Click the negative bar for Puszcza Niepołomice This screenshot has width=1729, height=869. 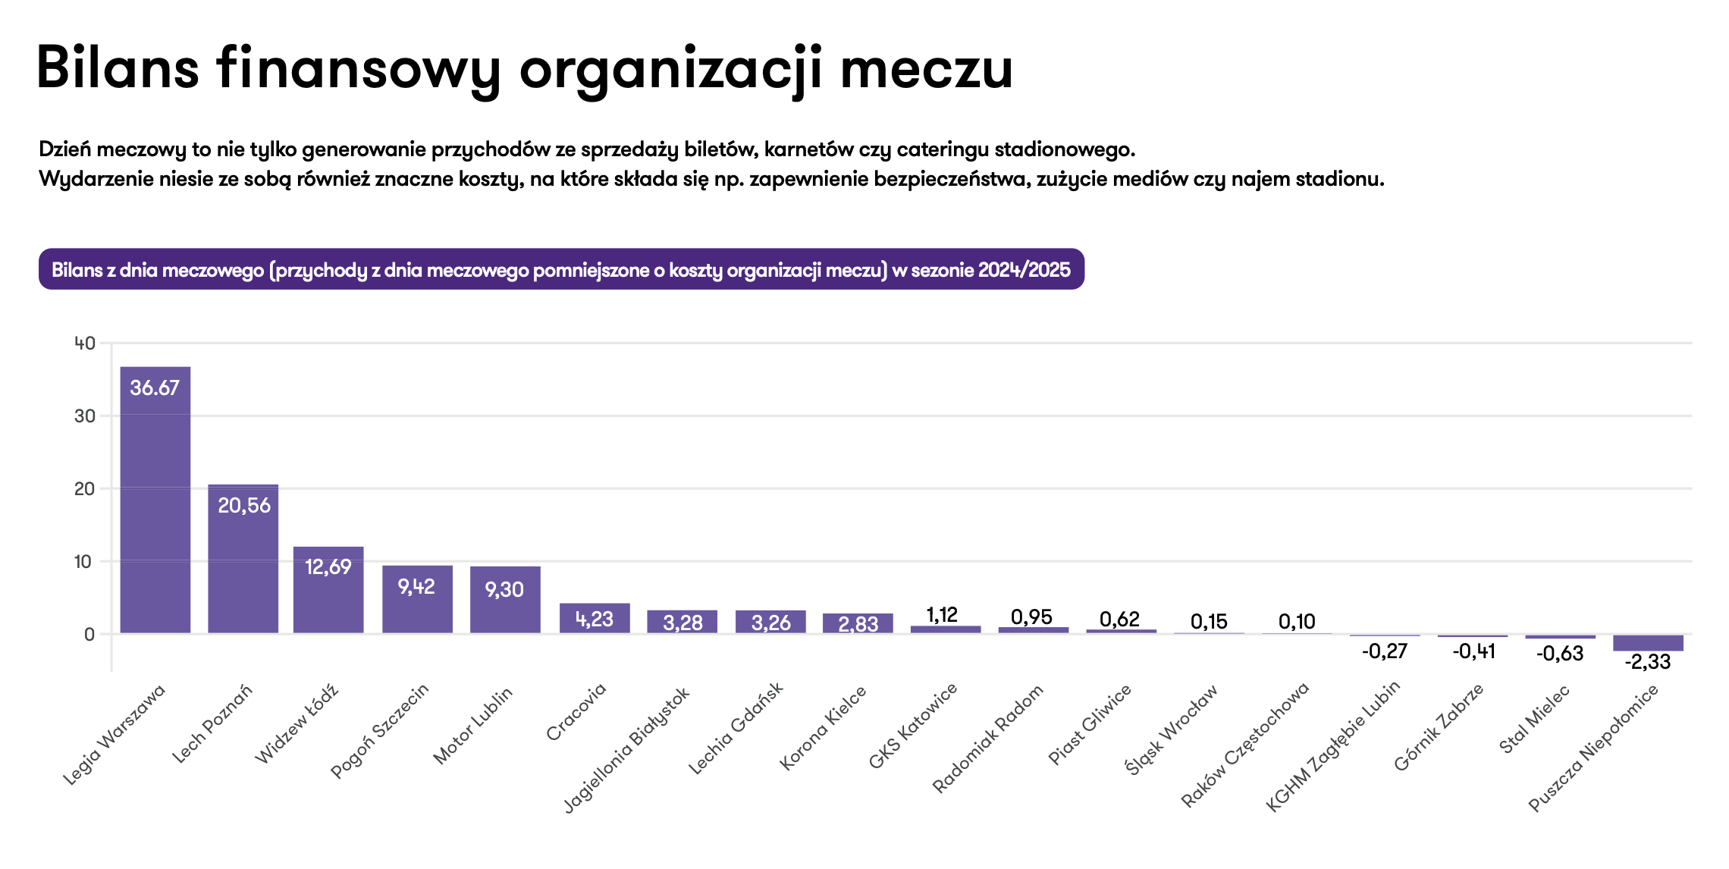[x=1648, y=642]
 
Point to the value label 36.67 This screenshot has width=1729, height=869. [x=155, y=387]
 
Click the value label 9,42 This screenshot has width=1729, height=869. [x=416, y=586]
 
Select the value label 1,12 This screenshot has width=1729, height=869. [x=942, y=614]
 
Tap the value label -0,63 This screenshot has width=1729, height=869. [x=1560, y=653]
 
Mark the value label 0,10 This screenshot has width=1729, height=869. [x=1297, y=622]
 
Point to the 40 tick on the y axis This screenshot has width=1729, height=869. [x=85, y=344]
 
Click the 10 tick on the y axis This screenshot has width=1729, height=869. [x=83, y=562]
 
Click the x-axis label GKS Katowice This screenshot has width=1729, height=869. [x=913, y=726]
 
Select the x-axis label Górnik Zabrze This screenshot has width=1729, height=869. [x=1439, y=727]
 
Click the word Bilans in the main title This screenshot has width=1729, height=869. [x=118, y=68]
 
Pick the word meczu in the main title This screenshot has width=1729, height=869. [x=926, y=68]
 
